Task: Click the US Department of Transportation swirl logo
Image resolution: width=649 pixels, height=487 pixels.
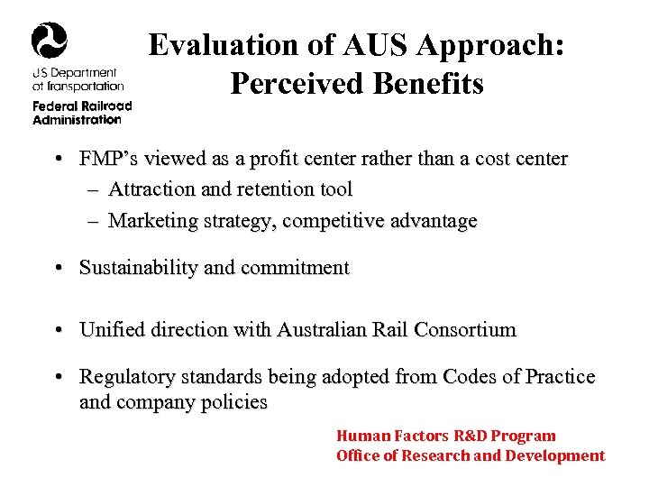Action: coord(49,40)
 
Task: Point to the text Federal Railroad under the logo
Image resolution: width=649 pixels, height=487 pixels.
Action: coord(82,106)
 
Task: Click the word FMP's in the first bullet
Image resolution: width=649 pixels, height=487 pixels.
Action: coord(106,160)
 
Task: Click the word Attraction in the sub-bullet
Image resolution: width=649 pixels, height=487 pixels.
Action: coord(150,189)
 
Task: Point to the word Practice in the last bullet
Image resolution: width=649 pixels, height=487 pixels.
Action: coord(560,377)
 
